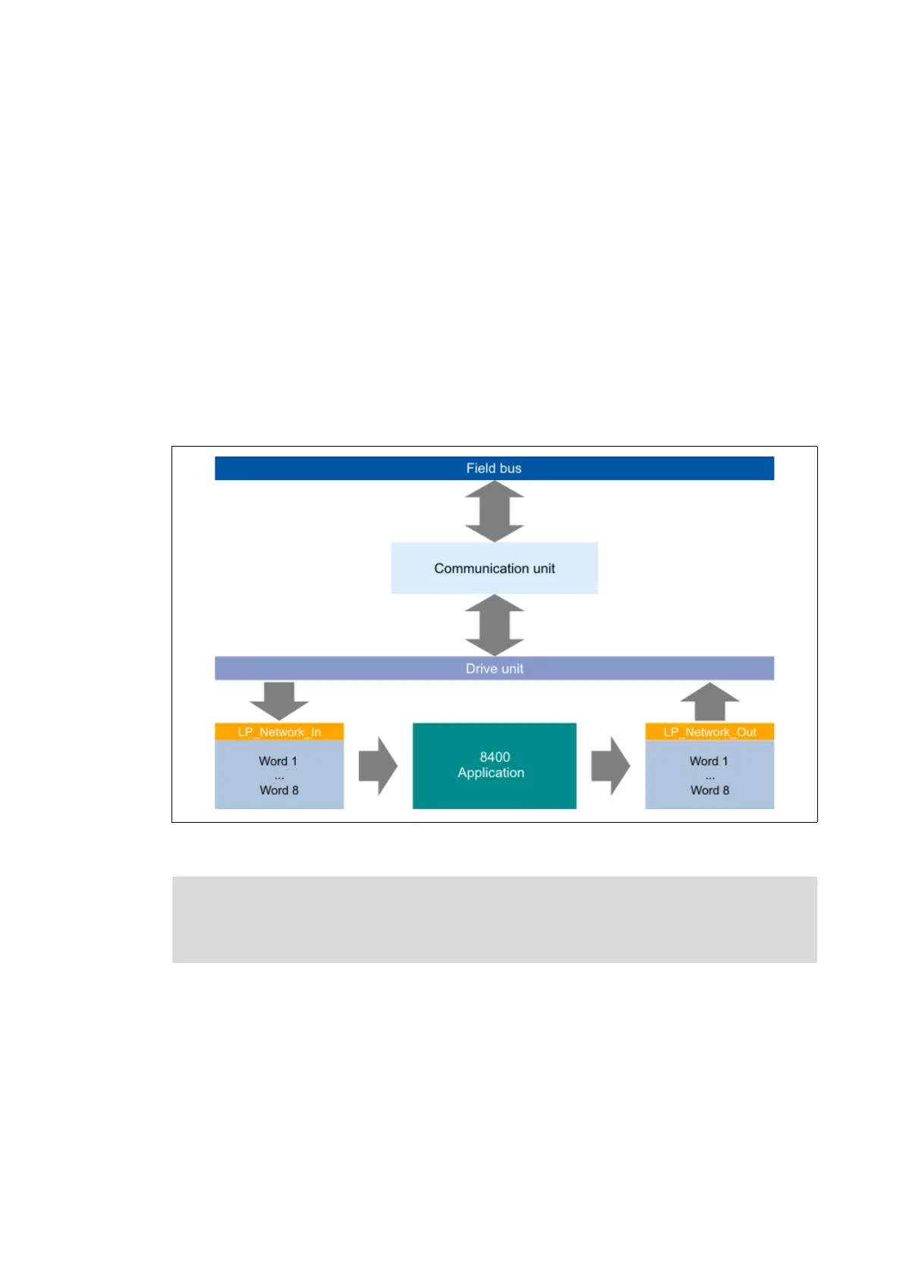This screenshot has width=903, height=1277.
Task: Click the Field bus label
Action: click(493, 468)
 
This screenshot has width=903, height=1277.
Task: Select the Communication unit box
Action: click(494, 568)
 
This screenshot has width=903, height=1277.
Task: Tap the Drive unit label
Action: click(494, 668)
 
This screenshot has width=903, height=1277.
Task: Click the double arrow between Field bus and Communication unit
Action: click(494, 511)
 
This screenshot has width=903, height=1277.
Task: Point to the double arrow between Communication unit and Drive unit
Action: click(494, 625)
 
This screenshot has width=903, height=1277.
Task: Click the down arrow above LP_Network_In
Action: click(279, 700)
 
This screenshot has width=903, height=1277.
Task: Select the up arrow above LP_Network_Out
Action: click(709, 701)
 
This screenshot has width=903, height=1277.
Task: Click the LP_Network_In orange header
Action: click(279, 732)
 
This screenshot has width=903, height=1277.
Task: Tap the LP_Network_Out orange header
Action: click(709, 732)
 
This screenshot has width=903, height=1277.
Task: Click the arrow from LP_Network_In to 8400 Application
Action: click(378, 766)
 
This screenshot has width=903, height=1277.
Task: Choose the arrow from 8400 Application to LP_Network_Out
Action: click(610, 766)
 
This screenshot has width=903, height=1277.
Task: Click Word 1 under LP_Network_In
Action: click(278, 761)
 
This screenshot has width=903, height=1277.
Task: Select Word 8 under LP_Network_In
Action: click(279, 790)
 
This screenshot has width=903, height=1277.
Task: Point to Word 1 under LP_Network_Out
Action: click(709, 761)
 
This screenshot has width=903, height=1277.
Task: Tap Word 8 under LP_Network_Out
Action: click(709, 790)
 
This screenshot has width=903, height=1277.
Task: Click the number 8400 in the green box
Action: click(495, 757)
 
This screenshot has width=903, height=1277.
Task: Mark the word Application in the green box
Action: click(491, 773)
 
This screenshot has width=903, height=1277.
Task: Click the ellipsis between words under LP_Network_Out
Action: click(709, 777)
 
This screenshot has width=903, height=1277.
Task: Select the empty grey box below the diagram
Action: click(494, 919)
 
